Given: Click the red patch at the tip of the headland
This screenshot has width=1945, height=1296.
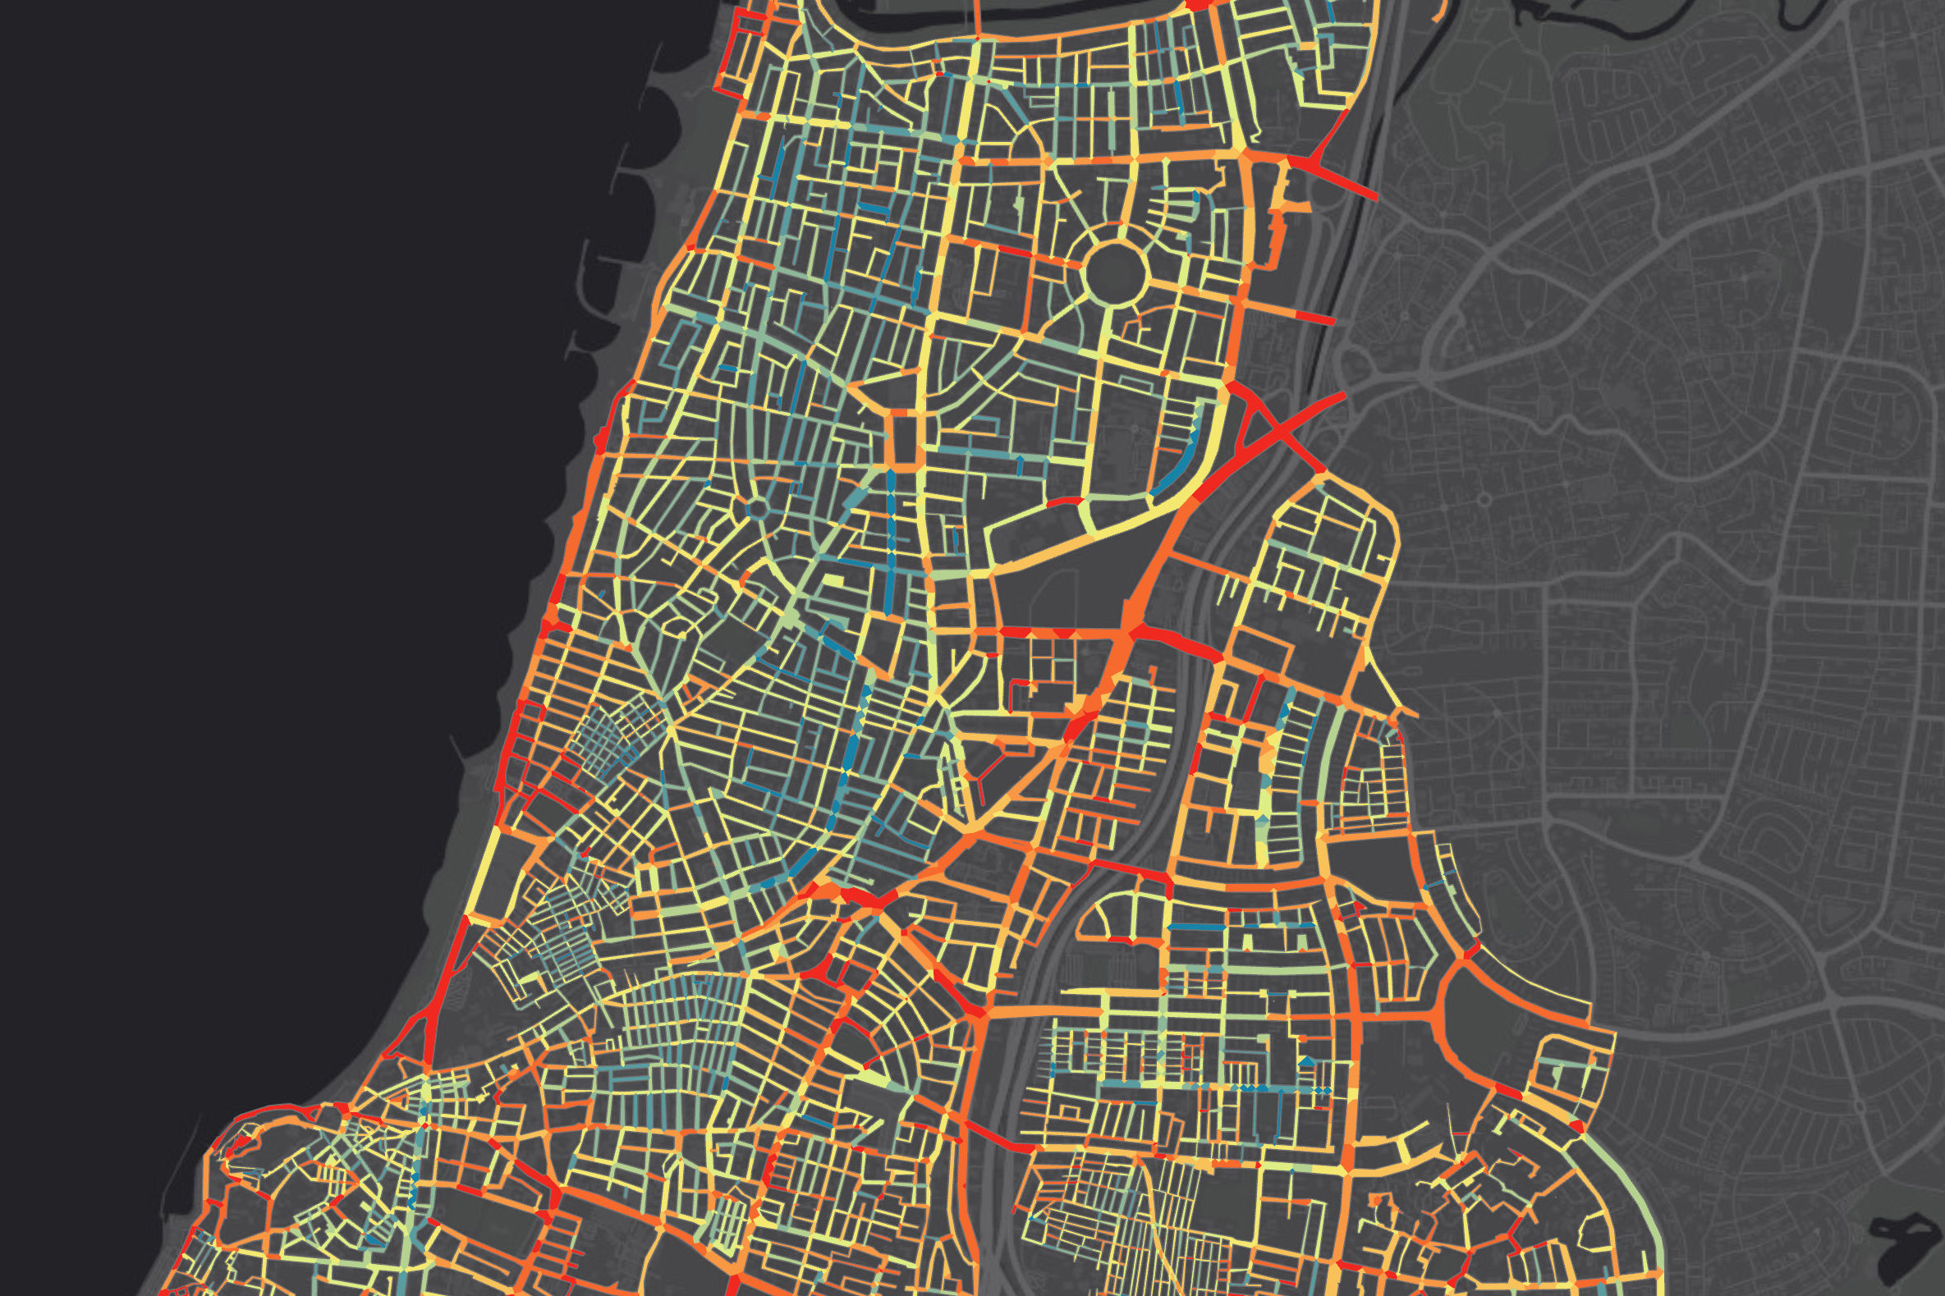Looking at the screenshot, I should pyautogui.click(x=240, y=1146).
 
